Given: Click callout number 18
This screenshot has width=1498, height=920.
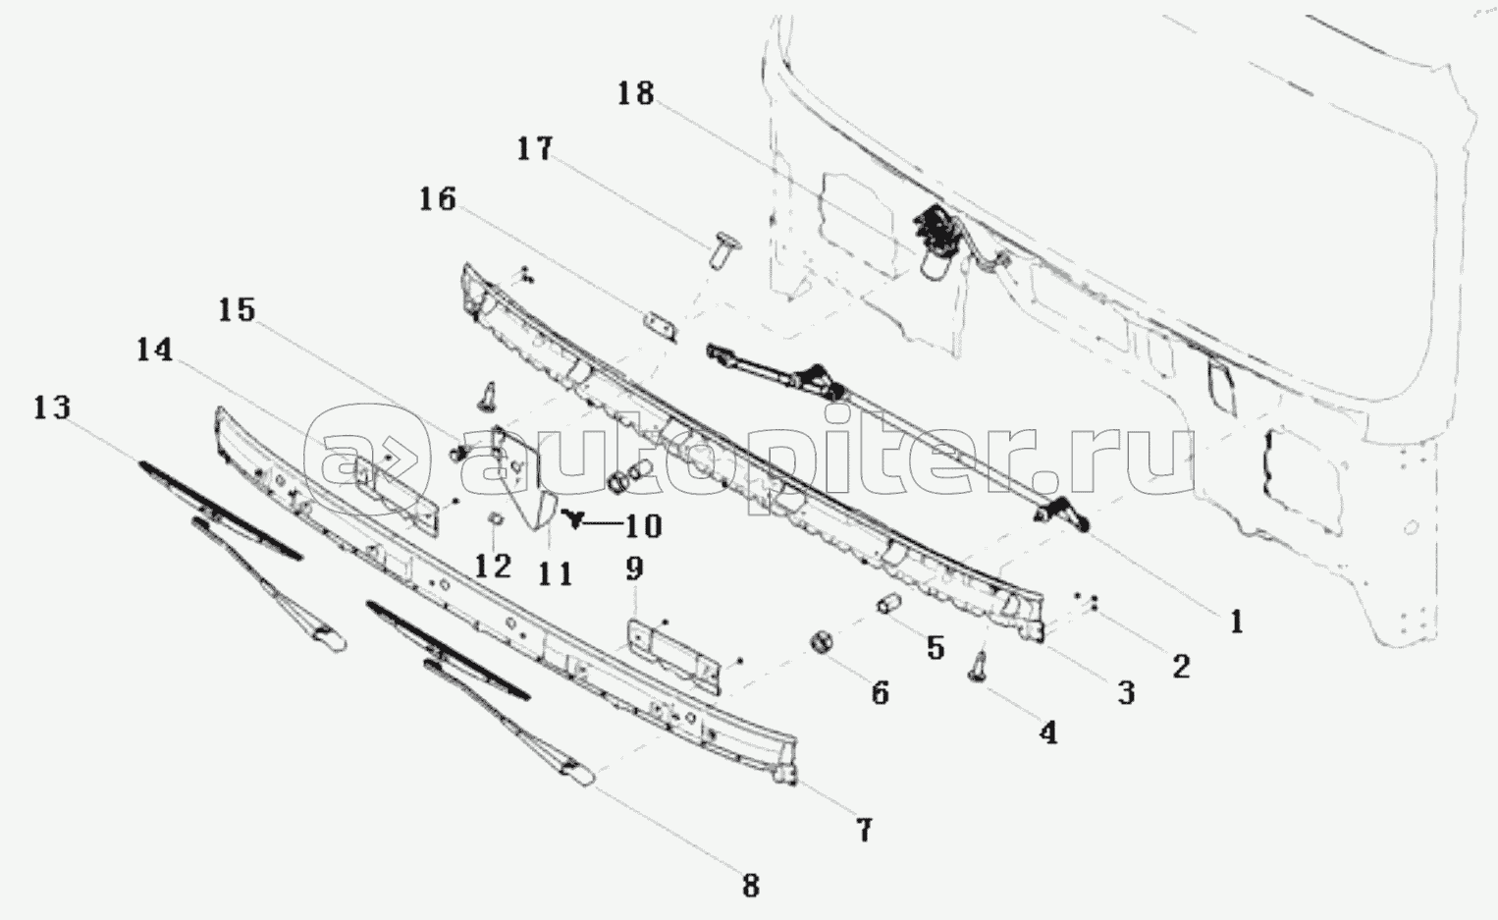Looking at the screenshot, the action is click(635, 93).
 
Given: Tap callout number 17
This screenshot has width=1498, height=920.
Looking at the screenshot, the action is click(535, 148).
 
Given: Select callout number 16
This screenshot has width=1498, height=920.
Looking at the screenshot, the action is click(438, 199).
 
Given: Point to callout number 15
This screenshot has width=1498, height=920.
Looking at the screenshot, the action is click(238, 310).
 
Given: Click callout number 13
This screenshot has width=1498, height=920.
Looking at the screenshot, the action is click(52, 407).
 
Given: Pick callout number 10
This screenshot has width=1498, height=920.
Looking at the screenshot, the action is click(643, 526).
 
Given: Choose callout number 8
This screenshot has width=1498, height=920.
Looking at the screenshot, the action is click(751, 887).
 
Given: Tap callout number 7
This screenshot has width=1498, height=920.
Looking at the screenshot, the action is click(864, 831).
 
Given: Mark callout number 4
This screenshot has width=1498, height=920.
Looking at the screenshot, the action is click(1048, 732).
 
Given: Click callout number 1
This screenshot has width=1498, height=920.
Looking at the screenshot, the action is click(1237, 622).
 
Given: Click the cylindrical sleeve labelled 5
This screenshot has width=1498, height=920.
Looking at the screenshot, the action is click(890, 604).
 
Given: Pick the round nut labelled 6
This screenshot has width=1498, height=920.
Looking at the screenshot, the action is click(822, 643).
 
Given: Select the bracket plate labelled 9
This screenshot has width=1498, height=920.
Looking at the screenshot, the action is click(673, 657).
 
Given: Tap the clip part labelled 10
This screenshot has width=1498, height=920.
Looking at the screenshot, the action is click(572, 517).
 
